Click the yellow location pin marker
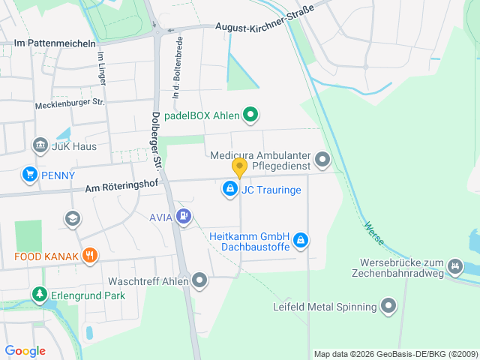click(239, 168)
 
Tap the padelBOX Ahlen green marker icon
click(251, 115)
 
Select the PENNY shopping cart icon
click(29, 175)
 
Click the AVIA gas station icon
click(184, 217)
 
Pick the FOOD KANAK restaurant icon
click(89, 256)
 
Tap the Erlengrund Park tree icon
click(39, 295)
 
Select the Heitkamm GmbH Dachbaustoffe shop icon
click(300, 239)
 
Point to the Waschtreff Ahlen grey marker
click(199, 281)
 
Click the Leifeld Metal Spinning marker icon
click(388, 306)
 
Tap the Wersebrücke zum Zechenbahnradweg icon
click(454, 266)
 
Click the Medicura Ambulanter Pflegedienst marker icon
click(322, 159)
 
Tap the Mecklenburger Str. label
click(70, 103)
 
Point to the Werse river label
click(373, 233)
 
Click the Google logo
click(25, 350)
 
